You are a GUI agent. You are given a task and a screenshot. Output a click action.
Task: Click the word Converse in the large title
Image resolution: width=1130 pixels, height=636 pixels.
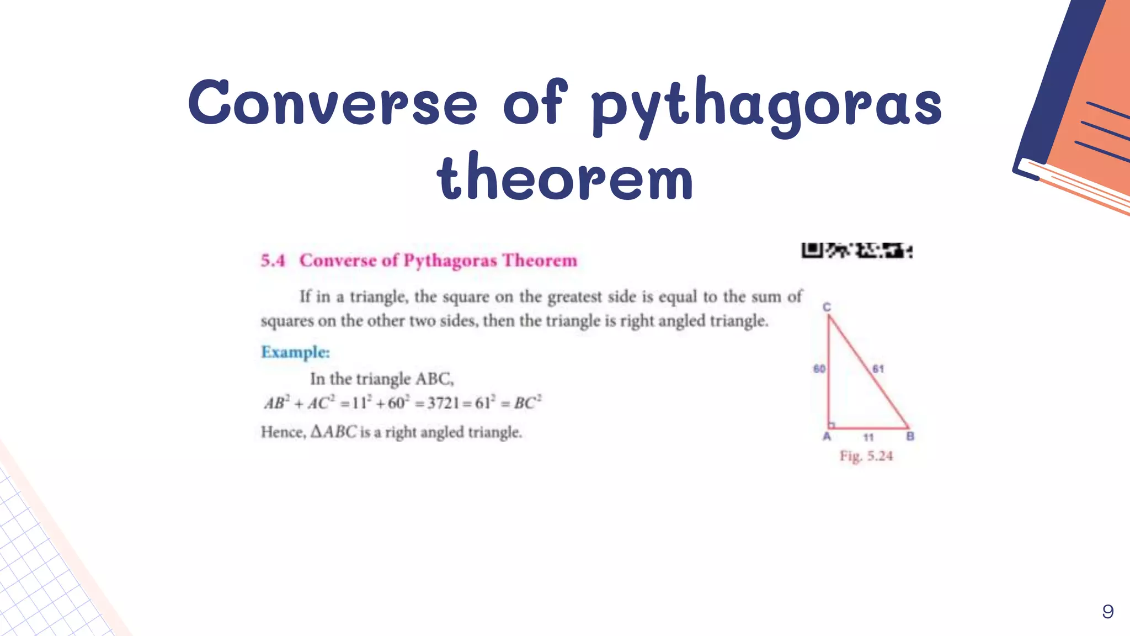pos(333,103)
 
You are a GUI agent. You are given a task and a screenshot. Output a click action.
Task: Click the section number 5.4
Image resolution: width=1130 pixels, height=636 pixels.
pos(273,260)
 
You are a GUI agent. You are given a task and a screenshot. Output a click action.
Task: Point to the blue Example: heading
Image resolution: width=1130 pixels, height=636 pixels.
pos(295,352)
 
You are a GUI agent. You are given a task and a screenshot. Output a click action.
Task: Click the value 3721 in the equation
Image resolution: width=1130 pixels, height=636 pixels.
pos(443,403)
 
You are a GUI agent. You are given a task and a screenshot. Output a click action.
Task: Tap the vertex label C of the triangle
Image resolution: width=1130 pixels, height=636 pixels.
pos(827,307)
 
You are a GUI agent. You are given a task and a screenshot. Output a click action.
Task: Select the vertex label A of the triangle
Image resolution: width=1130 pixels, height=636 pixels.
pos(827,437)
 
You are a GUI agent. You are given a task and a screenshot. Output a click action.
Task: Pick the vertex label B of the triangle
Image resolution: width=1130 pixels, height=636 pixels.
pos(910,437)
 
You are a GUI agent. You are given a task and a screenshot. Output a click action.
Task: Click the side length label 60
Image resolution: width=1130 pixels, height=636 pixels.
pos(819,369)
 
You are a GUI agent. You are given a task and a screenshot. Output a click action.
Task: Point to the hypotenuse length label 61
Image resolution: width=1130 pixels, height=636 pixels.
pos(878,369)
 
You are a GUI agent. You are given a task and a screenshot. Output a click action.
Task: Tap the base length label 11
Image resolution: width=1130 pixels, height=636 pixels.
pos(868,437)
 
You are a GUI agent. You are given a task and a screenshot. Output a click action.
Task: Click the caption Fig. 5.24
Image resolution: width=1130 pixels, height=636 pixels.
pos(866,456)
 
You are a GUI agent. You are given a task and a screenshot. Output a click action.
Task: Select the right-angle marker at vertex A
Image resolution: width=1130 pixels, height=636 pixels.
pos(832,425)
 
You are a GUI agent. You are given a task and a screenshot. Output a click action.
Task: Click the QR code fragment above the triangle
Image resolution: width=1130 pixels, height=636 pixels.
pos(856,251)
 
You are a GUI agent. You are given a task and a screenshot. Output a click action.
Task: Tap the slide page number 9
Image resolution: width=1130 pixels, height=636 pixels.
pos(1107,611)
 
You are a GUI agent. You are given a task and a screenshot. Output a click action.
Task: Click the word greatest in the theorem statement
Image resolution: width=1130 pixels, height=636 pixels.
pos(574,297)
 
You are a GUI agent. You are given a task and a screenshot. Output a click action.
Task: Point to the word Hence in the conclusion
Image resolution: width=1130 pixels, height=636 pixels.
pos(282,432)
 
